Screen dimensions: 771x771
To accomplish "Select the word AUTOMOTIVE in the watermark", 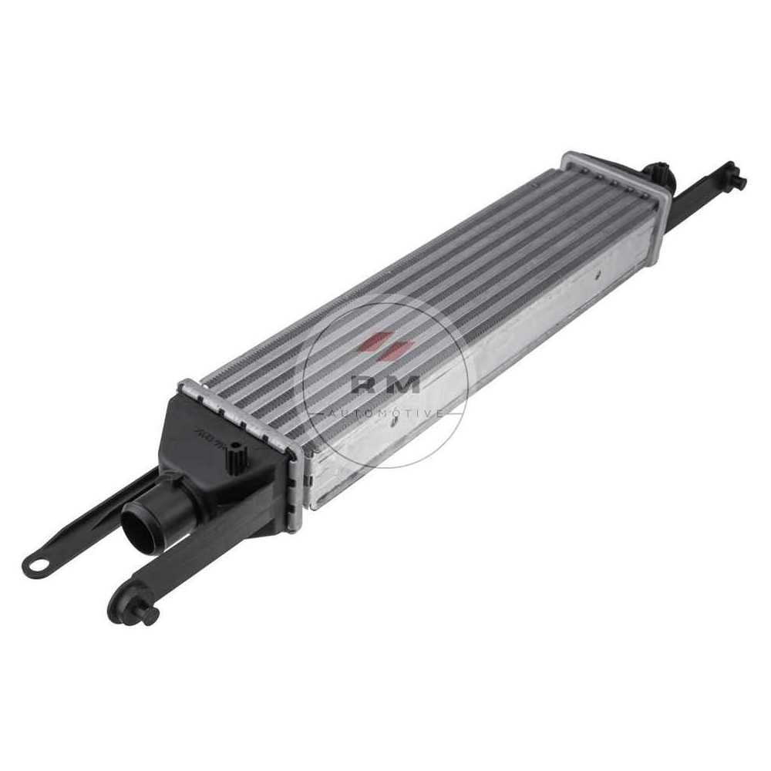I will [383, 413].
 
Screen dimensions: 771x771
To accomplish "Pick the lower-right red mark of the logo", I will [397, 351].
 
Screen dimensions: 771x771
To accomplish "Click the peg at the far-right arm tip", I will [739, 182].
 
